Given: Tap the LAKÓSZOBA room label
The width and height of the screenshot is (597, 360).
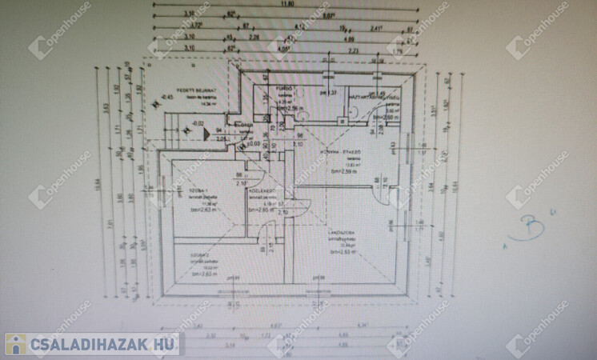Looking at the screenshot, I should pos(343,234).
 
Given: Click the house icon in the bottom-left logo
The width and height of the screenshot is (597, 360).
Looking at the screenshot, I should pos(14,345).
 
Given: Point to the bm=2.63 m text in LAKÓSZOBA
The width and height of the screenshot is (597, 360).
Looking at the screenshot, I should pos(343,251).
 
